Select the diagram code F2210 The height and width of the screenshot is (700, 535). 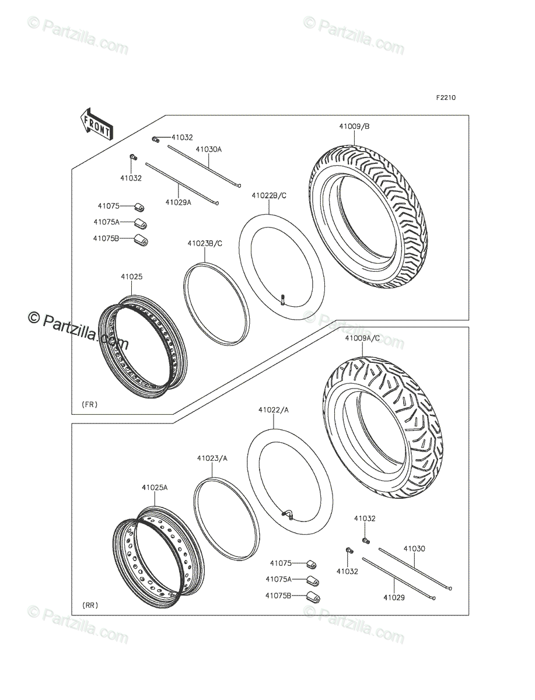(x=445, y=97)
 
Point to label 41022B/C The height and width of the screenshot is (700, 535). (x=269, y=195)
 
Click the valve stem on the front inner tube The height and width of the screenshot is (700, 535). (x=282, y=300)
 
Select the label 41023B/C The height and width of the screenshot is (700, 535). (x=205, y=243)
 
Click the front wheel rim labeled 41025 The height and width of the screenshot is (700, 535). (x=142, y=350)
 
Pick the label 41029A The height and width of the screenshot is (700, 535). (x=178, y=202)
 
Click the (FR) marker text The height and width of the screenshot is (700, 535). (x=90, y=404)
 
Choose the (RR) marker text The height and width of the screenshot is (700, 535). (x=90, y=605)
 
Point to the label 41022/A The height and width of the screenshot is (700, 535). (x=274, y=410)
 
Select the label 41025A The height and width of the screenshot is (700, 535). (x=154, y=487)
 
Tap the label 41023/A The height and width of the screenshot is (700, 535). (x=212, y=459)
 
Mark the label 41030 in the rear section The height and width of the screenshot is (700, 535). (x=414, y=549)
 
